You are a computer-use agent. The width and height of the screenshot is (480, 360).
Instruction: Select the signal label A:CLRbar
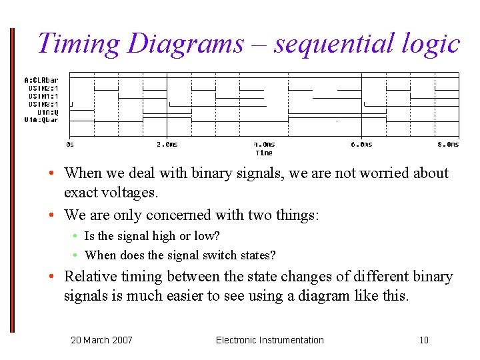pyautogui.click(x=41, y=80)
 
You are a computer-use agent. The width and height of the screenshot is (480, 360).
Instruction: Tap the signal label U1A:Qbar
pyautogui.click(x=41, y=120)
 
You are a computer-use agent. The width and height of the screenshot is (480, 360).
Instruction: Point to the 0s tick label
pyautogui.click(x=70, y=144)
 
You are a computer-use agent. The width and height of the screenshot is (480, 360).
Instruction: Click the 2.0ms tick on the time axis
pyautogui.click(x=167, y=144)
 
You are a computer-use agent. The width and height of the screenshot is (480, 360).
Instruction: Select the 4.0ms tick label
pyautogui.click(x=264, y=144)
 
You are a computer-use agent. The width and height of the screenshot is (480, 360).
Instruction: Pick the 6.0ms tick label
pyautogui.click(x=361, y=144)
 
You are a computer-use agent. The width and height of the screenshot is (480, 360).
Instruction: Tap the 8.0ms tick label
pyautogui.click(x=448, y=144)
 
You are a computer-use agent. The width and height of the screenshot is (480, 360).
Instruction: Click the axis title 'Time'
pyautogui.click(x=264, y=153)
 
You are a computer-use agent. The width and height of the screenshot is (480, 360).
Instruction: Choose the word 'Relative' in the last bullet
pyautogui.click(x=93, y=277)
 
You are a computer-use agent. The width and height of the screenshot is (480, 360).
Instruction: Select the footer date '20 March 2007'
pyautogui.click(x=101, y=340)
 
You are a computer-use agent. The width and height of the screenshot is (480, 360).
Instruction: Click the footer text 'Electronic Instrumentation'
pyautogui.click(x=269, y=340)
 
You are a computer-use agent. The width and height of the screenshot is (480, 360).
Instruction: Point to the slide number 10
pyautogui.click(x=424, y=340)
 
